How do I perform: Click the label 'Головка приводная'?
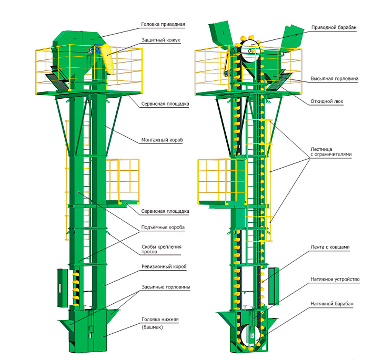(162, 24)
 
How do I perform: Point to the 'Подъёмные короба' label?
(163, 227)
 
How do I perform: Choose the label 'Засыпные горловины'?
(165, 287)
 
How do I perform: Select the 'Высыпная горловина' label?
(334, 79)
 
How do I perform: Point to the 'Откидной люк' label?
(327, 102)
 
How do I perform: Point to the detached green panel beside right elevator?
(272, 285)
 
